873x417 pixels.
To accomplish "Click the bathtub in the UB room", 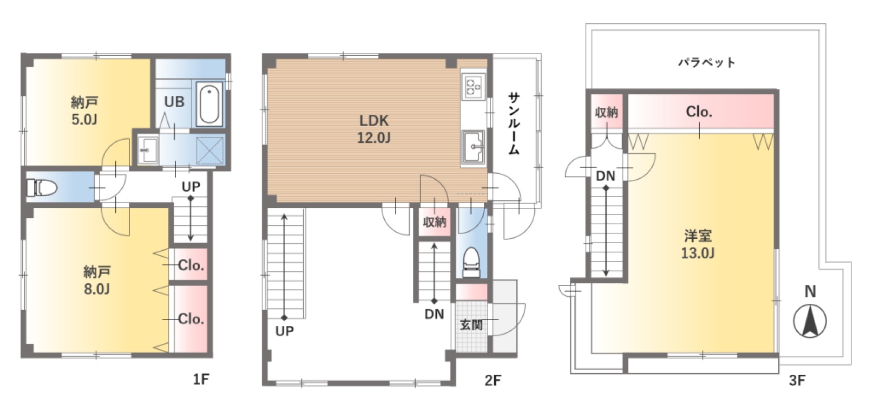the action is pos(209,104).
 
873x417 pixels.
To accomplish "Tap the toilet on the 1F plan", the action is pos(41,188).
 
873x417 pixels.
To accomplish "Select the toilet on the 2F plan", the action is pos(471,262).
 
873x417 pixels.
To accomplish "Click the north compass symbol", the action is pos(810,321).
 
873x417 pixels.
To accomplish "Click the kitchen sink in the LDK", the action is pos(473,147).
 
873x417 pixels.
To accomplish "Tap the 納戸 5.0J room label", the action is pos(84,111).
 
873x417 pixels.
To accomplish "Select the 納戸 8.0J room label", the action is pos(97,280).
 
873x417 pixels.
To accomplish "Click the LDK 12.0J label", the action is pos(374,129).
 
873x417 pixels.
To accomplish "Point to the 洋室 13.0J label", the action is pos(697,245).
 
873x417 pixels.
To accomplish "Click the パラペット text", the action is pos(707,62).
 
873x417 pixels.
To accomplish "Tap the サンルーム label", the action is pos(514,123).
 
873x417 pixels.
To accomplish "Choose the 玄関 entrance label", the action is pos(471,324).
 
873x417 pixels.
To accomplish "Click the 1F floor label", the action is pos(201,379).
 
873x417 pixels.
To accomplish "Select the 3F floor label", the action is pos(797,380).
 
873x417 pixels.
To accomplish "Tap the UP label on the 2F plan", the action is pos(285,331).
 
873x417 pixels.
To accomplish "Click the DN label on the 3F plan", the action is pos(605,177).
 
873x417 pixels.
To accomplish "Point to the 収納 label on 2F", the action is pos(435,222).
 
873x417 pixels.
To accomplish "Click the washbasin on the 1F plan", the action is pos(148,149).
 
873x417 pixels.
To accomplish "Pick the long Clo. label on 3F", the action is pos(699,112).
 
